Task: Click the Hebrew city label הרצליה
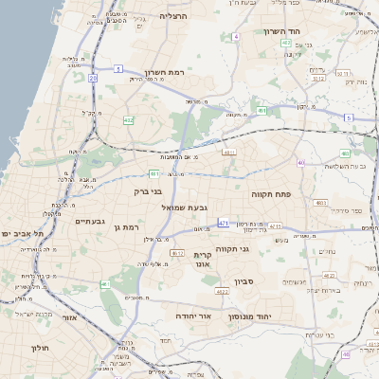pos(173,16)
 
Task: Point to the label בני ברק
pos(148,191)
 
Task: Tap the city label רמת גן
pos(124,227)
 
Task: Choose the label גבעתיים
pos(90,221)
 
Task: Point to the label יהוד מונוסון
pos(251,316)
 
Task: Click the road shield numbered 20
pos(93,78)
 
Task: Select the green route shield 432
pos(127,119)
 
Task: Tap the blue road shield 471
pos(224,223)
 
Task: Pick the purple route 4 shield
pos(235,36)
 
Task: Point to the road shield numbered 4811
pos(228,151)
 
